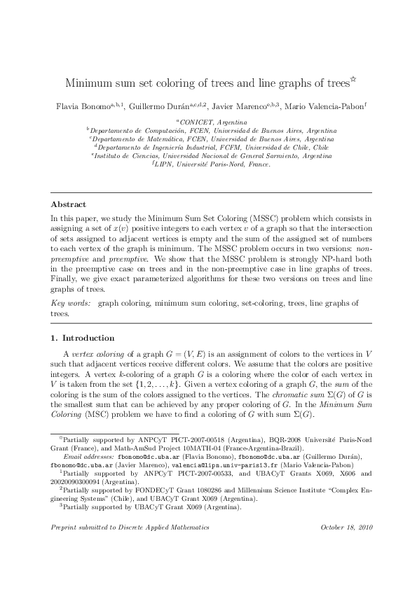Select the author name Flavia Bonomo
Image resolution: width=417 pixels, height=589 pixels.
(x=82, y=106)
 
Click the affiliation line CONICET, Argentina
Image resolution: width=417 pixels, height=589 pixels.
(x=209, y=122)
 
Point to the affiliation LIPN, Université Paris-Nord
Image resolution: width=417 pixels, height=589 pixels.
(x=210, y=165)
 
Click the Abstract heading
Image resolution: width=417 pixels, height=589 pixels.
(x=68, y=205)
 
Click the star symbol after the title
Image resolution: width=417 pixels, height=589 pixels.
(x=353, y=80)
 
